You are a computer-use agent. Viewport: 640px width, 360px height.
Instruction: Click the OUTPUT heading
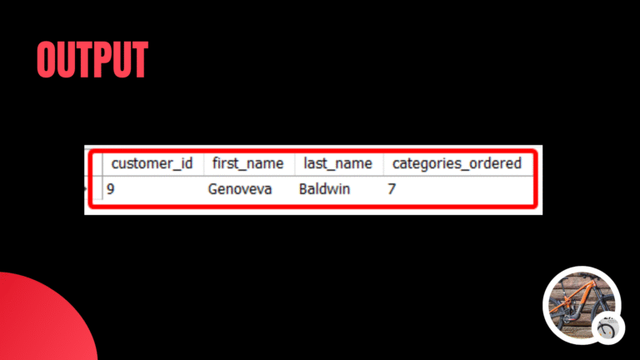92,59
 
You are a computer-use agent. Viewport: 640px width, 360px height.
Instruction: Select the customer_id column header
152,163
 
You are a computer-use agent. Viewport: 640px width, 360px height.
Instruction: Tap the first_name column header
247,163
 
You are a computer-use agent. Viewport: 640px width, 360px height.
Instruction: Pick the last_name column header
337,163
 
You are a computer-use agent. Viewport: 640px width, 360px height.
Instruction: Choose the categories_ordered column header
457,163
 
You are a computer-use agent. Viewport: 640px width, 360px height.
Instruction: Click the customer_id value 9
111,189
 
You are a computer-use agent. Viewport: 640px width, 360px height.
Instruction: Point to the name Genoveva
241,189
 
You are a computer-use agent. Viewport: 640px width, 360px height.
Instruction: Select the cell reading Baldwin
324,189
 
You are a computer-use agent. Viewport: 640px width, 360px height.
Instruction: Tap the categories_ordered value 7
392,189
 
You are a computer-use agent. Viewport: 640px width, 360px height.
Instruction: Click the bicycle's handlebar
594,284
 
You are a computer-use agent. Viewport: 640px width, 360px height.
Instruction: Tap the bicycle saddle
567,288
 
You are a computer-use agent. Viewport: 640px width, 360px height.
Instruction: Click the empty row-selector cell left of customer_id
96,163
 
